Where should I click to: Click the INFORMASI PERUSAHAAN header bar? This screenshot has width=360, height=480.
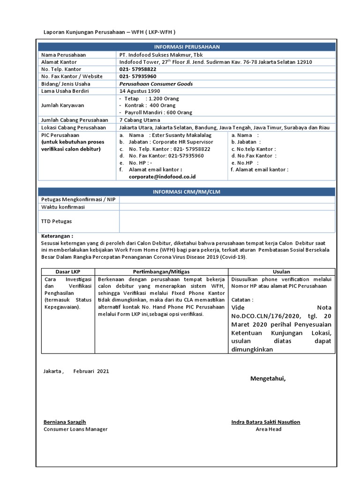tap(187, 47)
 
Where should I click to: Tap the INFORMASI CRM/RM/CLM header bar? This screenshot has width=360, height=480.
tap(187, 192)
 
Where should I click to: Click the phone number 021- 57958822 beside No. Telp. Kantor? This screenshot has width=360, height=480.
tap(138, 69)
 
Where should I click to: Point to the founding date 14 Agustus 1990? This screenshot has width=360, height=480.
tap(140, 90)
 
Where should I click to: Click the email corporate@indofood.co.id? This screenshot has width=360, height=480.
tap(162, 176)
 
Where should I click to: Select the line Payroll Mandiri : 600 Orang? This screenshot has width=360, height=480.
tap(152, 112)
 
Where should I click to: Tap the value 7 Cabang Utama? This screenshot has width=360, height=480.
tap(140, 120)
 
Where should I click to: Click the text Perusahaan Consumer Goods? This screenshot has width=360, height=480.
tap(156, 83)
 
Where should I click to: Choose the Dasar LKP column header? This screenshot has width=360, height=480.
tap(68, 271)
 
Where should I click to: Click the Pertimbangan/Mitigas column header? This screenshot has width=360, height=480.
tap(161, 271)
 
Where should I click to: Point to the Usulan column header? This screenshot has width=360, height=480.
tap(281, 271)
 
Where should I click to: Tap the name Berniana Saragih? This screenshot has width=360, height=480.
tap(65, 422)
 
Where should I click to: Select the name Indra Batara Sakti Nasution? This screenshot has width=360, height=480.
tap(266, 422)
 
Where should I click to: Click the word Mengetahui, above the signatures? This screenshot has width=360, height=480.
tap(268, 378)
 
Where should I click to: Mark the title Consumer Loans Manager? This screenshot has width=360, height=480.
tap(75, 429)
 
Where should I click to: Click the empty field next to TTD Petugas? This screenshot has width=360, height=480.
tap(227, 221)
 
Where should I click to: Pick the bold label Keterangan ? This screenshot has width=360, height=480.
tap(57, 236)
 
